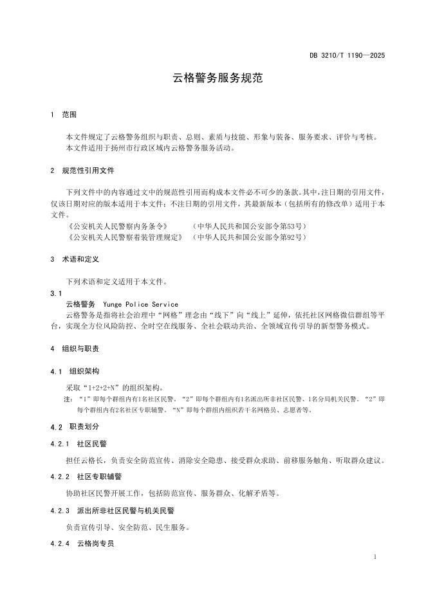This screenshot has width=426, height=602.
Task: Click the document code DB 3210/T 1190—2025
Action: pos(347,56)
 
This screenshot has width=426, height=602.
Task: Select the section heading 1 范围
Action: pos(63,114)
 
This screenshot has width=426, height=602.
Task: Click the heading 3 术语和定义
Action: pos(75,260)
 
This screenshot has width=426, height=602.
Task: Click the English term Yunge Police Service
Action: pos(140,304)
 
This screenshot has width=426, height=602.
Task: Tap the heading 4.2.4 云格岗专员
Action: pos(82,543)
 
